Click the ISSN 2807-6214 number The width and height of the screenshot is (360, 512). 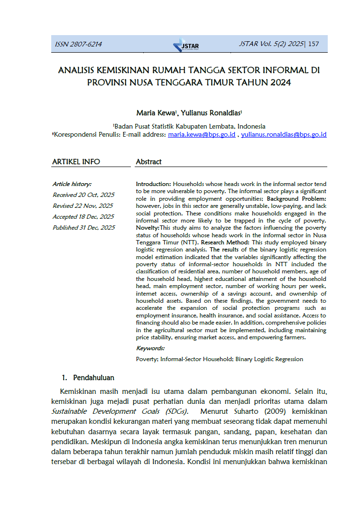[x=79, y=45]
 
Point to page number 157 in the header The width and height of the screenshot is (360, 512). [x=314, y=44]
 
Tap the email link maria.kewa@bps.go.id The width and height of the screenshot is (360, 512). [x=202, y=135]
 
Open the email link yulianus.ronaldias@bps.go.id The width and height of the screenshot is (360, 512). [x=284, y=135]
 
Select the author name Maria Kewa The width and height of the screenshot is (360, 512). [x=156, y=113]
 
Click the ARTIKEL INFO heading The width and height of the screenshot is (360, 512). [x=76, y=162]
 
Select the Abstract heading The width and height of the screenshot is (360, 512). [x=148, y=162]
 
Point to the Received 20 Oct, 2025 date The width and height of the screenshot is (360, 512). [x=83, y=195]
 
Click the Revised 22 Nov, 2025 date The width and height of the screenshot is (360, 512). [x=83, y=205]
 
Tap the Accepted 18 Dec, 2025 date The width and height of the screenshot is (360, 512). [x=83, y=216]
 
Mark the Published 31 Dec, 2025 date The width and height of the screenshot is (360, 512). [x=83, y=227]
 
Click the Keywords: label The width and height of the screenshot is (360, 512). [x=150, y=348]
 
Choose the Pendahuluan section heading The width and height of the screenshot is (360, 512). [x=93, y=378]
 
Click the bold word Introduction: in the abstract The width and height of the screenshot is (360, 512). [x=153, y=183]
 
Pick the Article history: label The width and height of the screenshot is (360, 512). [x=72, y=184]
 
